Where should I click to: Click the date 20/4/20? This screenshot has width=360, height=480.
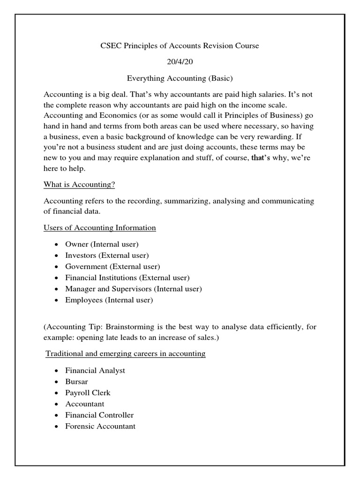(x=180, y=63)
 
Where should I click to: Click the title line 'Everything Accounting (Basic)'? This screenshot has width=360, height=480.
(x=180, y=78)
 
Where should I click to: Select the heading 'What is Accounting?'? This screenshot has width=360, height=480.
(x=79, y=185)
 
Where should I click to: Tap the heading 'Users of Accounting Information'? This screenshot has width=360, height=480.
(x=100, y=228)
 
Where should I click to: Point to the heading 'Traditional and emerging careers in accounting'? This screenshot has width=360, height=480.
(x=126, y=353)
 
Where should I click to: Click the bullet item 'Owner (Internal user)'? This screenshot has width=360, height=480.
(x=102, y=244)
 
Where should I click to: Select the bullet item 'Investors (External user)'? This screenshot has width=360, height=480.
(x=107, y=255)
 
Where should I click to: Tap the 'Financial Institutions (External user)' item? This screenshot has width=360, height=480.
(x=127, y=277)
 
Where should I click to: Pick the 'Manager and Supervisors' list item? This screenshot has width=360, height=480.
(x=134, y=289)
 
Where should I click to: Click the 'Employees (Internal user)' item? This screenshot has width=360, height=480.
(x=109, y=300)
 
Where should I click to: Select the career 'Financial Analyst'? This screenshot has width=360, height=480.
(x=95, y=370)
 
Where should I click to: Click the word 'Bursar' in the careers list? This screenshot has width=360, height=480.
(x=77, y=382)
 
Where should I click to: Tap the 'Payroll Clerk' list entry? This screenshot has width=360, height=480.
(x=88, y=393)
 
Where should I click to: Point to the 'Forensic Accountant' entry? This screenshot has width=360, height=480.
(x=100, y=427)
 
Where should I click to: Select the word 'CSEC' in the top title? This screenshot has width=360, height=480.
(x=111, y=46)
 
